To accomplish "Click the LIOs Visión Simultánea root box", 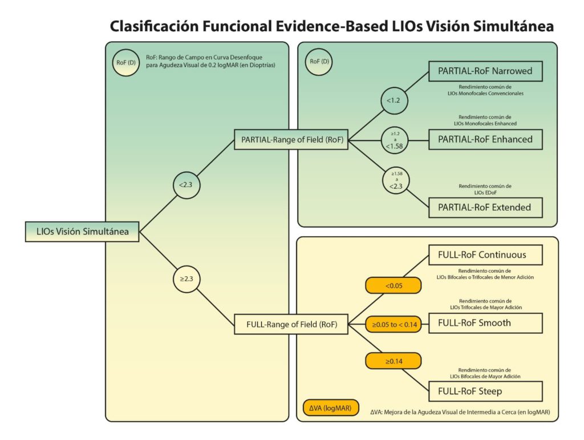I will click(x=82, y=232).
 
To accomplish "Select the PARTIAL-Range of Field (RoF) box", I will click(x=291, y=139).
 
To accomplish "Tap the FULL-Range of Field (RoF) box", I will click(x=291, y=324).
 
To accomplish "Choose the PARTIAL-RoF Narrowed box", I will click(x=485, y=71).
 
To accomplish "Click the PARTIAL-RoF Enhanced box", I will click(x=485, y=139).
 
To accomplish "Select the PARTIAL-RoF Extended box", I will click(x=485, y=207).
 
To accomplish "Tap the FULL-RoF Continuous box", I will click(x=485, y=255).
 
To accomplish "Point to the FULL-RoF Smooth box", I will click(x=485, y=323).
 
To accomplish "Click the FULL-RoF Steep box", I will click(x=485, y=391).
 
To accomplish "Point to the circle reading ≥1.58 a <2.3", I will click(x=396, y=180).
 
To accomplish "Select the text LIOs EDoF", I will click(x=485, y=193).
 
